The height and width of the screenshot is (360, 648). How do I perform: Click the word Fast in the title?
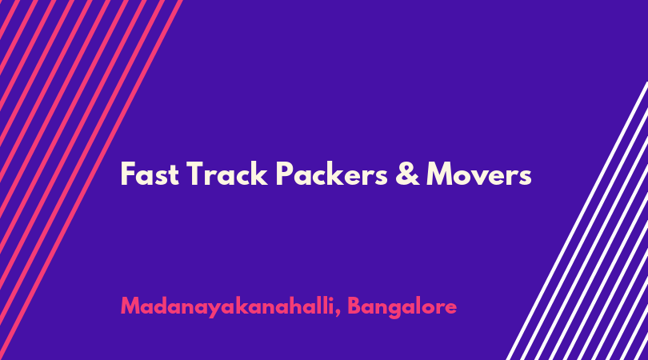tap(150, 174)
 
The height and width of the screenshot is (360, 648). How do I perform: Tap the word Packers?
tap(332, 174)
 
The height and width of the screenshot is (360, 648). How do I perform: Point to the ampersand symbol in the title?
tap(407, 174)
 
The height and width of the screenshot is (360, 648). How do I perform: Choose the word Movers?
tap(479, 174)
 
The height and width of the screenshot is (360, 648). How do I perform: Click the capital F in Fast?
tap(128, 174)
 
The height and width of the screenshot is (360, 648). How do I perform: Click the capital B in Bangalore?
tap(354, 306)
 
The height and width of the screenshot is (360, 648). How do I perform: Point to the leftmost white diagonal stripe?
tap(578, 221)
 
